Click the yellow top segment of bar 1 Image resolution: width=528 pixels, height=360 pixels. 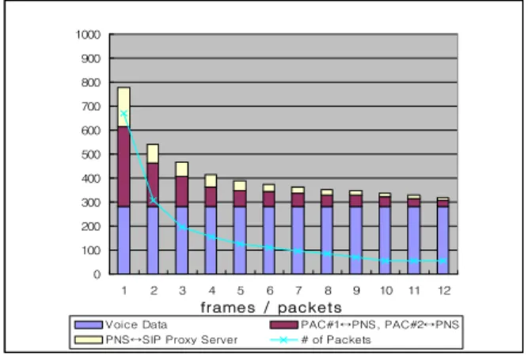pos(124,107)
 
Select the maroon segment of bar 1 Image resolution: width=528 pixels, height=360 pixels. pos(124,166)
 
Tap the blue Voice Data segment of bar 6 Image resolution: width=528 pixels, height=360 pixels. pos(268,241)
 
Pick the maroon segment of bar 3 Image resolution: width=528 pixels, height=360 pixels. pos(182,191)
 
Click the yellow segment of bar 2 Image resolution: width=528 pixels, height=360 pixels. pos(153,154)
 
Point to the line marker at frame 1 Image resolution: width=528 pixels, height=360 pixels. pos(124,114)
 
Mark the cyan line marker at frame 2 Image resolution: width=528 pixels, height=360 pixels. pos(153,200)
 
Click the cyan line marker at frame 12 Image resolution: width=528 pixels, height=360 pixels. pos(443,261)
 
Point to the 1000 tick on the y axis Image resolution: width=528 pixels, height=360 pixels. pos(88,35)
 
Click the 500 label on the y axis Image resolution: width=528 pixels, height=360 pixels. pos(91,155)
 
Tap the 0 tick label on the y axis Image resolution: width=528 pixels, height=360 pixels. pos(97,275)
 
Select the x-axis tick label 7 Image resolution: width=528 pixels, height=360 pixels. pos(298,290)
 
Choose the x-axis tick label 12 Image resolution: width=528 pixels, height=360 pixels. pos(443,290)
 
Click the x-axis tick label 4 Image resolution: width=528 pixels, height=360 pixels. pos(211,290)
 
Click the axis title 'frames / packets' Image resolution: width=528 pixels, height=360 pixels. pos(271,308)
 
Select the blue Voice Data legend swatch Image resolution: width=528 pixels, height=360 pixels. pos(89,324)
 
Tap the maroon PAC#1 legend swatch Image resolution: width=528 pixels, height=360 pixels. pos(284,324)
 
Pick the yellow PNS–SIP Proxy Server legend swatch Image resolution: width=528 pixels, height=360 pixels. pos(89,339)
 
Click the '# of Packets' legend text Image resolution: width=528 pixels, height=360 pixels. pos(336,339)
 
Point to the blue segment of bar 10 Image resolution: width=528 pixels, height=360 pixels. pos(385,241)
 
